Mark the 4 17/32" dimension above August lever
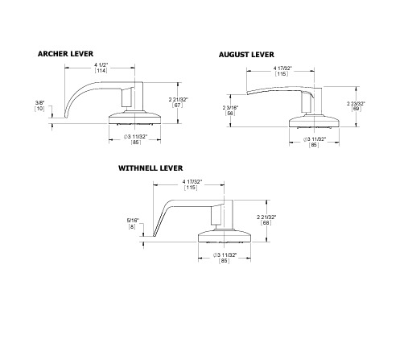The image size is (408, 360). click(x=282, y=68)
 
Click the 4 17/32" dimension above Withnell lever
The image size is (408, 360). click(x=192, y=184)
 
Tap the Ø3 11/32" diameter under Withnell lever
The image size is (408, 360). click(x=224, y=255)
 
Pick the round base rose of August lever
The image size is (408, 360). click(x=314, y=122)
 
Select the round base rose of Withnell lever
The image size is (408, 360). click(x=225, y=236)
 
